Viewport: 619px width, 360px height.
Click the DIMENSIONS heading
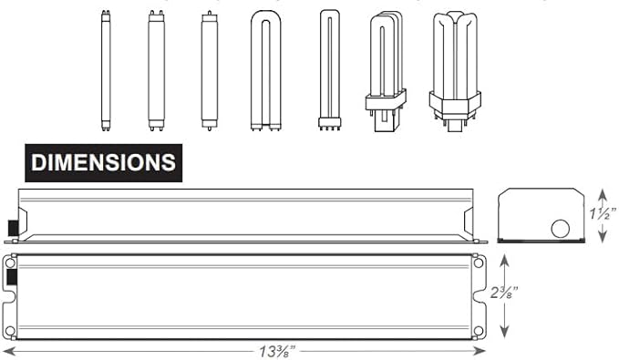[103, 162]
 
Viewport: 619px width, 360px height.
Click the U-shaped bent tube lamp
[265, 73]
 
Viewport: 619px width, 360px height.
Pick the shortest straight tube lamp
[209, 71]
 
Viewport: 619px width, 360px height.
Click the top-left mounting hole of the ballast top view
[10, 262]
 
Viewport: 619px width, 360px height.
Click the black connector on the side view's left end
[13, 225]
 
